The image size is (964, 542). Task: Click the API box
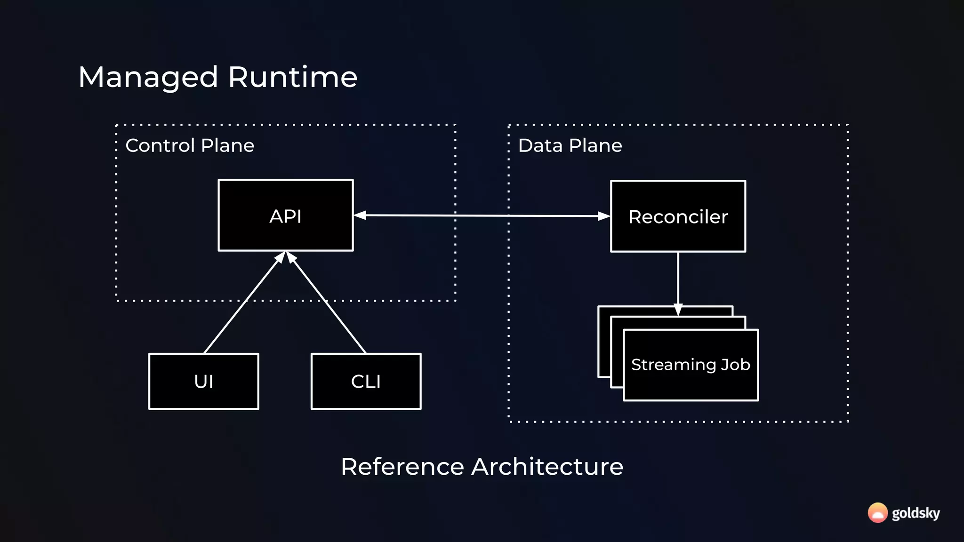[x=285, y=215]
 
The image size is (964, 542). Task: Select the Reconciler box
[x=678, y=216]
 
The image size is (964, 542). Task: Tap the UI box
[x=203, y=381]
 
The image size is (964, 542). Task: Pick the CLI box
[x=366, y=381]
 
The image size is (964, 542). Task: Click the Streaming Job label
[x=691, y=365]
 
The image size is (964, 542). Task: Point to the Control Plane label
[x=190, y=145]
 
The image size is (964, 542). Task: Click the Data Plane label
[x=570, y=145]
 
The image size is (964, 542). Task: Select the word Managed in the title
[x=148, y=77]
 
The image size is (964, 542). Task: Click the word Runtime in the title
[x=292, y=77]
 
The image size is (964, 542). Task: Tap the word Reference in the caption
[x=402, y=467]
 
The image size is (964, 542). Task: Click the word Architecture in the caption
[x=547, y=467]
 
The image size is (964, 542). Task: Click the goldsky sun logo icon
[x=877, y=513]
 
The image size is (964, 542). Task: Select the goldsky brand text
[x=916, y=513]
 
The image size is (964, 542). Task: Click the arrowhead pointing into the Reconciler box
[x=603, y=216]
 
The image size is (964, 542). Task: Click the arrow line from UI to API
[x=242, y=303]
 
